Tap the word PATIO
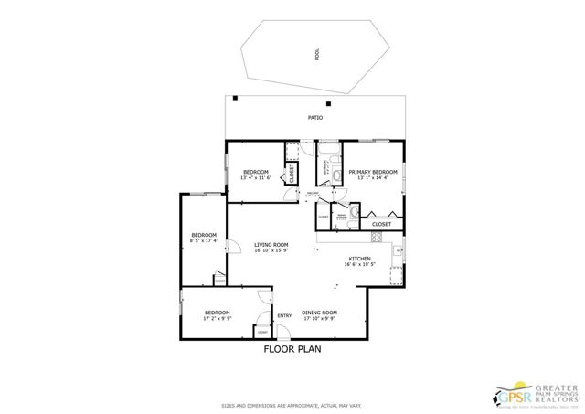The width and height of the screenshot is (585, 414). tap(314, 118)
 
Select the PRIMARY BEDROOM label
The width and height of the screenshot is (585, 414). tap(373, 171)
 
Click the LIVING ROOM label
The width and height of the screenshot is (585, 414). tap(271, 245)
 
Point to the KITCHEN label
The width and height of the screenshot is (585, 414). tap(360, 259)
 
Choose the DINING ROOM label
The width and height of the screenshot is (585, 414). tap(320, 313)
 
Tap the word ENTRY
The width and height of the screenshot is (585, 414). tap(284, 316)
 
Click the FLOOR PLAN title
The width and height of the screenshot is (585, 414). tap(292, 348)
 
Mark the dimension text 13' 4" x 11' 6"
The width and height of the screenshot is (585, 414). tap(256, 178)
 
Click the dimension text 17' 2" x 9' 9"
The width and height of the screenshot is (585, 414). tap(218, 319)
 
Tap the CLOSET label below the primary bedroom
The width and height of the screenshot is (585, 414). tap(381, 224)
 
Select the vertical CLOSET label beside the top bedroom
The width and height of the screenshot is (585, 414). tap(292, 173)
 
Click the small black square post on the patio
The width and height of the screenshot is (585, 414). tap(235, 98)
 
